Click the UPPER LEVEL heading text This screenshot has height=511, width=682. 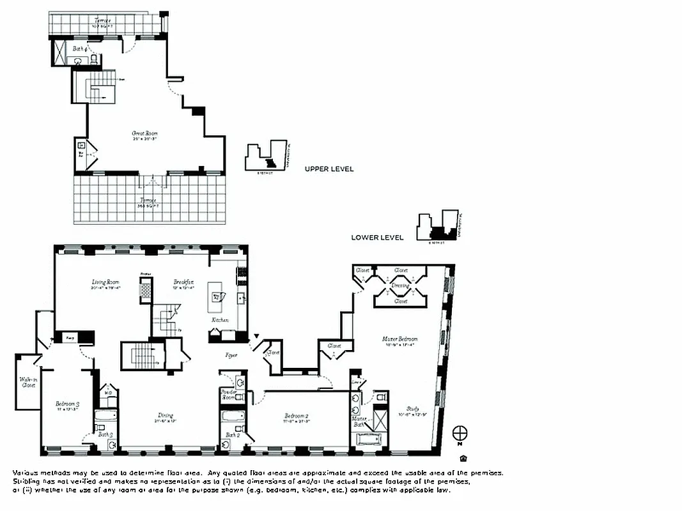[x=329, y=169]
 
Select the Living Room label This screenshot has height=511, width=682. [x=105, y=282]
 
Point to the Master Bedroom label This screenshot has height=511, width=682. [x=401, y=339]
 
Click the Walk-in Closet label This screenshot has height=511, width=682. [x=27, y=382]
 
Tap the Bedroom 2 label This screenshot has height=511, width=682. [x=297, y=417]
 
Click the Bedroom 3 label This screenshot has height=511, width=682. [x=67, y=404]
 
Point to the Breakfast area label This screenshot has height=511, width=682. [x=183, y=282]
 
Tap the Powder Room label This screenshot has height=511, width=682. [x=228, y=394]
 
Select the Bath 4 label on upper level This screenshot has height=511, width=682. [x=79, y=48]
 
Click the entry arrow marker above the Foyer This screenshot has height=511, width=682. [x=257, y=335]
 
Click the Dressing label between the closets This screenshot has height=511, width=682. [x=401, y=286]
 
